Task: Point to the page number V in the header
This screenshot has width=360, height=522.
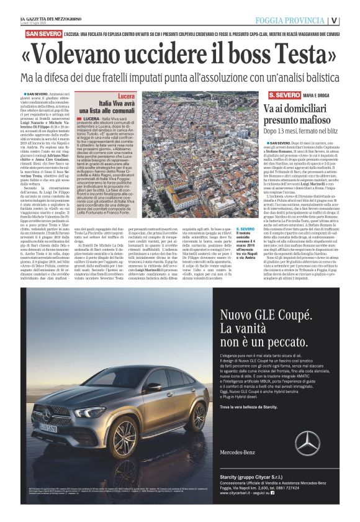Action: [x=351, y=20]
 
